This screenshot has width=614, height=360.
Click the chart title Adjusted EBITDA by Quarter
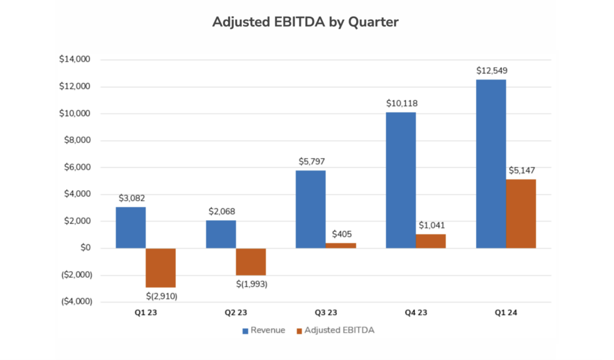(x=306, y=22)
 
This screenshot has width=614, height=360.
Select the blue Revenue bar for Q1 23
(x=131, y=227)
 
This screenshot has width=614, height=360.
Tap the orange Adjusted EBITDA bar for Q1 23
(x=161, y=268)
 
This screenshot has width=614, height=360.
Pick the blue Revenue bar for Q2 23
(x=221, y=234)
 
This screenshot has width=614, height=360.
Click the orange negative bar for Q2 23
(x=251, y=262)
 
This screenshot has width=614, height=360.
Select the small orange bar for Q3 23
(x=341, y=245)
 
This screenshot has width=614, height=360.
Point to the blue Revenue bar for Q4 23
(x=401, y=180)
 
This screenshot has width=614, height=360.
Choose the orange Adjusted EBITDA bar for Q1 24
(x=520, y=214)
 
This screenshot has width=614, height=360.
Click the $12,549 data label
(x=492, y=71)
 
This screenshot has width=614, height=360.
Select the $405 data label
(x=341, y=235)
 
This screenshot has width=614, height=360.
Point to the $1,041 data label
(x=431, y=225)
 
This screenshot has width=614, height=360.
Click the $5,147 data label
(x=522, y=170)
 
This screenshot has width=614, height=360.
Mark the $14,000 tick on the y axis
(x=74, y=59)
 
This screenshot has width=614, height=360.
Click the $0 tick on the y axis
(x=83, y=248)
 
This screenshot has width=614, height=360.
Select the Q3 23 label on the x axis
(x=326, y=313)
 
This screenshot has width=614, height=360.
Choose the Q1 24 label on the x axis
(x=505, y=313)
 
